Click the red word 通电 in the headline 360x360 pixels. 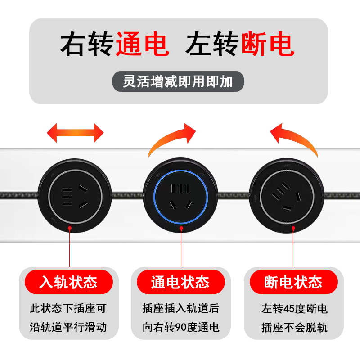142,44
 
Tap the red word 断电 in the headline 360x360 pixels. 268,44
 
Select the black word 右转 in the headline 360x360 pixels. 88,44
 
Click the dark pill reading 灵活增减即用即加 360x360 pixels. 178,81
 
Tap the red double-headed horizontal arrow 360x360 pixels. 75,133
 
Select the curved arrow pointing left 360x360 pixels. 294,138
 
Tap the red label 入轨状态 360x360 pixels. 68,282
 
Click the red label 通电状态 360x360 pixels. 180,282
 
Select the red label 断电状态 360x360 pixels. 293,282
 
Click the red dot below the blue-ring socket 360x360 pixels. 181,229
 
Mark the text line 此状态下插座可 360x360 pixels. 68,309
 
